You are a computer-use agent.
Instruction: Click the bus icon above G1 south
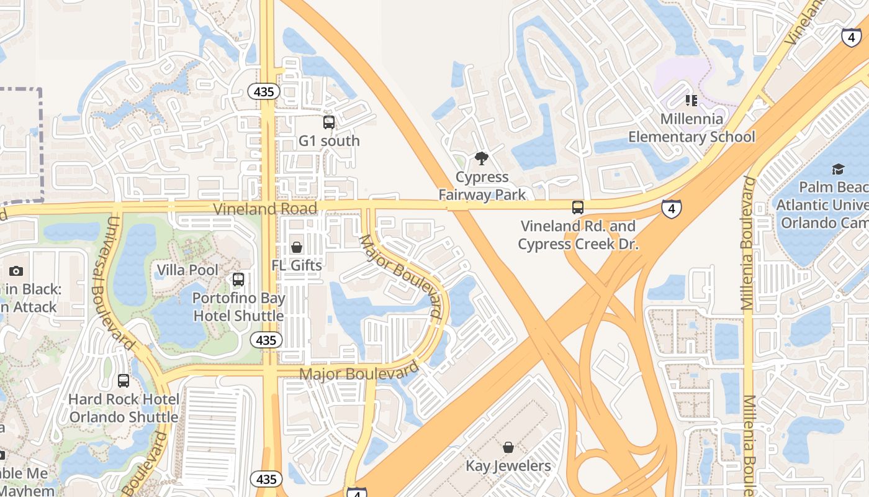coord(329,122)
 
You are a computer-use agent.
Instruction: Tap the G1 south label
coord(329,141)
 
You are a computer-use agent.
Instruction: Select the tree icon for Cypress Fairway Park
coord(482,158)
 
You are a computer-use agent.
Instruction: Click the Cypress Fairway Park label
coord(482,186)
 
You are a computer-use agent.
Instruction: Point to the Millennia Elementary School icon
coord(691,100)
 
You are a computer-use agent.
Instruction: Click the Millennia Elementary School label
coord(691,127)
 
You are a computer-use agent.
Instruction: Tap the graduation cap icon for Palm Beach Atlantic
coord(838,169)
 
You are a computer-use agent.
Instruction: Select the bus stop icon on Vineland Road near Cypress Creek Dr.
coord(578,207)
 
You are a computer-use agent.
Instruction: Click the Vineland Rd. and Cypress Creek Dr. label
coord(578,235)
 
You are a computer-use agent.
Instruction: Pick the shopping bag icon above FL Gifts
coord(297,247)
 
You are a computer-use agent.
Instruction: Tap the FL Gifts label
coord(297,265)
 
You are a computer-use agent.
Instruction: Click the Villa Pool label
coord(187,270)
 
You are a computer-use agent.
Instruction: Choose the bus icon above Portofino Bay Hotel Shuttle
coord(238,280)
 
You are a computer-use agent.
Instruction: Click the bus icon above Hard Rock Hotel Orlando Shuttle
coord(124,381)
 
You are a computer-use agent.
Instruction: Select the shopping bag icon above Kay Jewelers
coord(508,447)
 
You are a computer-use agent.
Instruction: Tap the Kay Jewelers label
coord(508,466)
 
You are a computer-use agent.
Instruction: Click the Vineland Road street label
coord(265,208)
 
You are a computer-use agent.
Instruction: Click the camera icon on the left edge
coord(16,271)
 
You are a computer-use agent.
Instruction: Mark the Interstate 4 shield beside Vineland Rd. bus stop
coord(671,208)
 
